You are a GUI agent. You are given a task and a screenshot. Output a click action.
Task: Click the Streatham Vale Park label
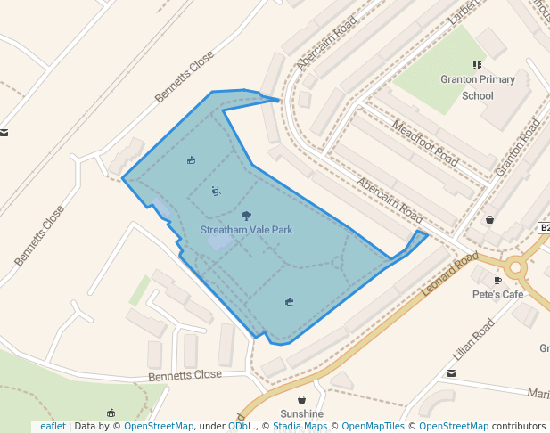coord(246,230)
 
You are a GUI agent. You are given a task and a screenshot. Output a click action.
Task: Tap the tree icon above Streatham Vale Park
coord(246,215)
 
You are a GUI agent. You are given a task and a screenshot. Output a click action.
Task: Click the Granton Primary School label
coord(478,87)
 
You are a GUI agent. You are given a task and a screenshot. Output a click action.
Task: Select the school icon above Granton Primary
coord(478,65)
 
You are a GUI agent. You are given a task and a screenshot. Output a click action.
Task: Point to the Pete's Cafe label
coord(497,294)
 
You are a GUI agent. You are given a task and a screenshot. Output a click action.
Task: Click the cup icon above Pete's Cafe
coord(497,280)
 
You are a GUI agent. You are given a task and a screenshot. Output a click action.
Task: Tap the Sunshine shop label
coord(302,414)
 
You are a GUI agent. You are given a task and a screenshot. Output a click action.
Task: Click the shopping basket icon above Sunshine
coord(302,400)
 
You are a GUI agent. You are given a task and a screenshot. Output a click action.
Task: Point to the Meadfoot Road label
coord(425,143)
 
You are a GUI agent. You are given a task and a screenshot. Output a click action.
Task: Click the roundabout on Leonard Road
coord(514,266)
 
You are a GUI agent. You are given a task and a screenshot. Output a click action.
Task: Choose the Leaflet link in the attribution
coord(50,426)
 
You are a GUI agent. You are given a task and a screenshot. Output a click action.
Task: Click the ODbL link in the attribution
coord(240,426)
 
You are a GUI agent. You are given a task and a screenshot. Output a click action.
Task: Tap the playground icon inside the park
coord(216,191)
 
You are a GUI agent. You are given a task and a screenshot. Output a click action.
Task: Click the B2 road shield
coord(544,228)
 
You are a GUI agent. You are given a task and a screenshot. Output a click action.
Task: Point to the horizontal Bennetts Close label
coord(185,375)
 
